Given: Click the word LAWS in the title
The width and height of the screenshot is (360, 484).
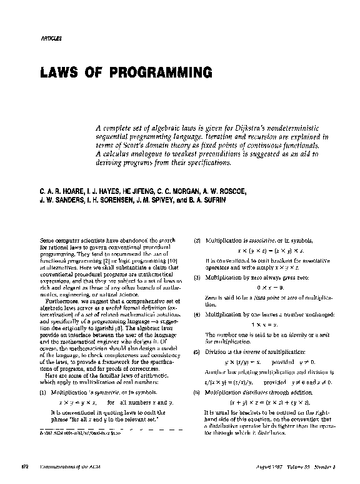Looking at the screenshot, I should coord(64,73).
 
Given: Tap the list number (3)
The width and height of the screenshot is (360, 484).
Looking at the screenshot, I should coord(196,276).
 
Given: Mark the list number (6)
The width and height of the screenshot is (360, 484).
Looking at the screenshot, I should coord(196,391).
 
